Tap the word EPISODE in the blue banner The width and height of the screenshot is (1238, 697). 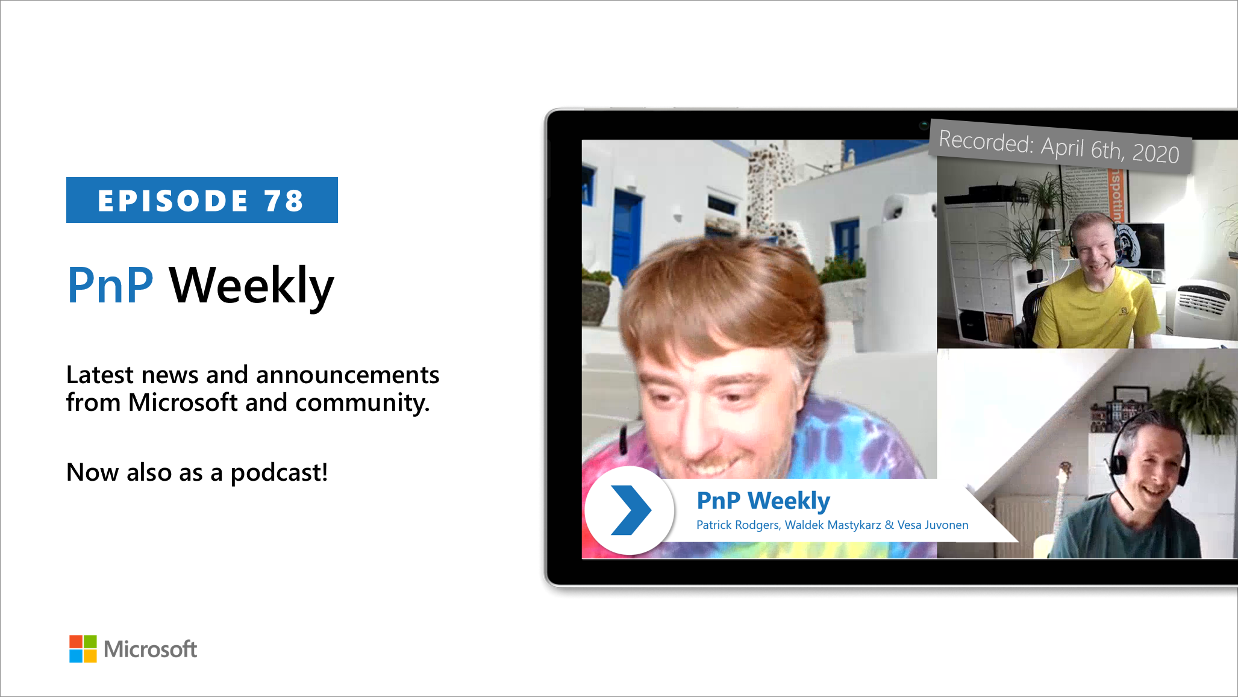[173, 201]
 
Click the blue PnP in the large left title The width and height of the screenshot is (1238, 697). [110, 286]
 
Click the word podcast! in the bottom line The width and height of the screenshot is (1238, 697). [279, 473]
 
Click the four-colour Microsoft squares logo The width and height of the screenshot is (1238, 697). [83, 649]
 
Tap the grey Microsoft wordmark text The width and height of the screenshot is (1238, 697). [150, 649]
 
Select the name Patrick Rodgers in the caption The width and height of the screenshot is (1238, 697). [737, 525]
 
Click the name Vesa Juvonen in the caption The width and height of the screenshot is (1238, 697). [933, 525]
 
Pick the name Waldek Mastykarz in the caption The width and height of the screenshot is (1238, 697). [833, 525]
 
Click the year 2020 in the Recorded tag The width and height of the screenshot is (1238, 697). [1155, 153]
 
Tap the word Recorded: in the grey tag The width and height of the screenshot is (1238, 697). [986, 142]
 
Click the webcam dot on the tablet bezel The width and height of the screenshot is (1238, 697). [923, 125]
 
